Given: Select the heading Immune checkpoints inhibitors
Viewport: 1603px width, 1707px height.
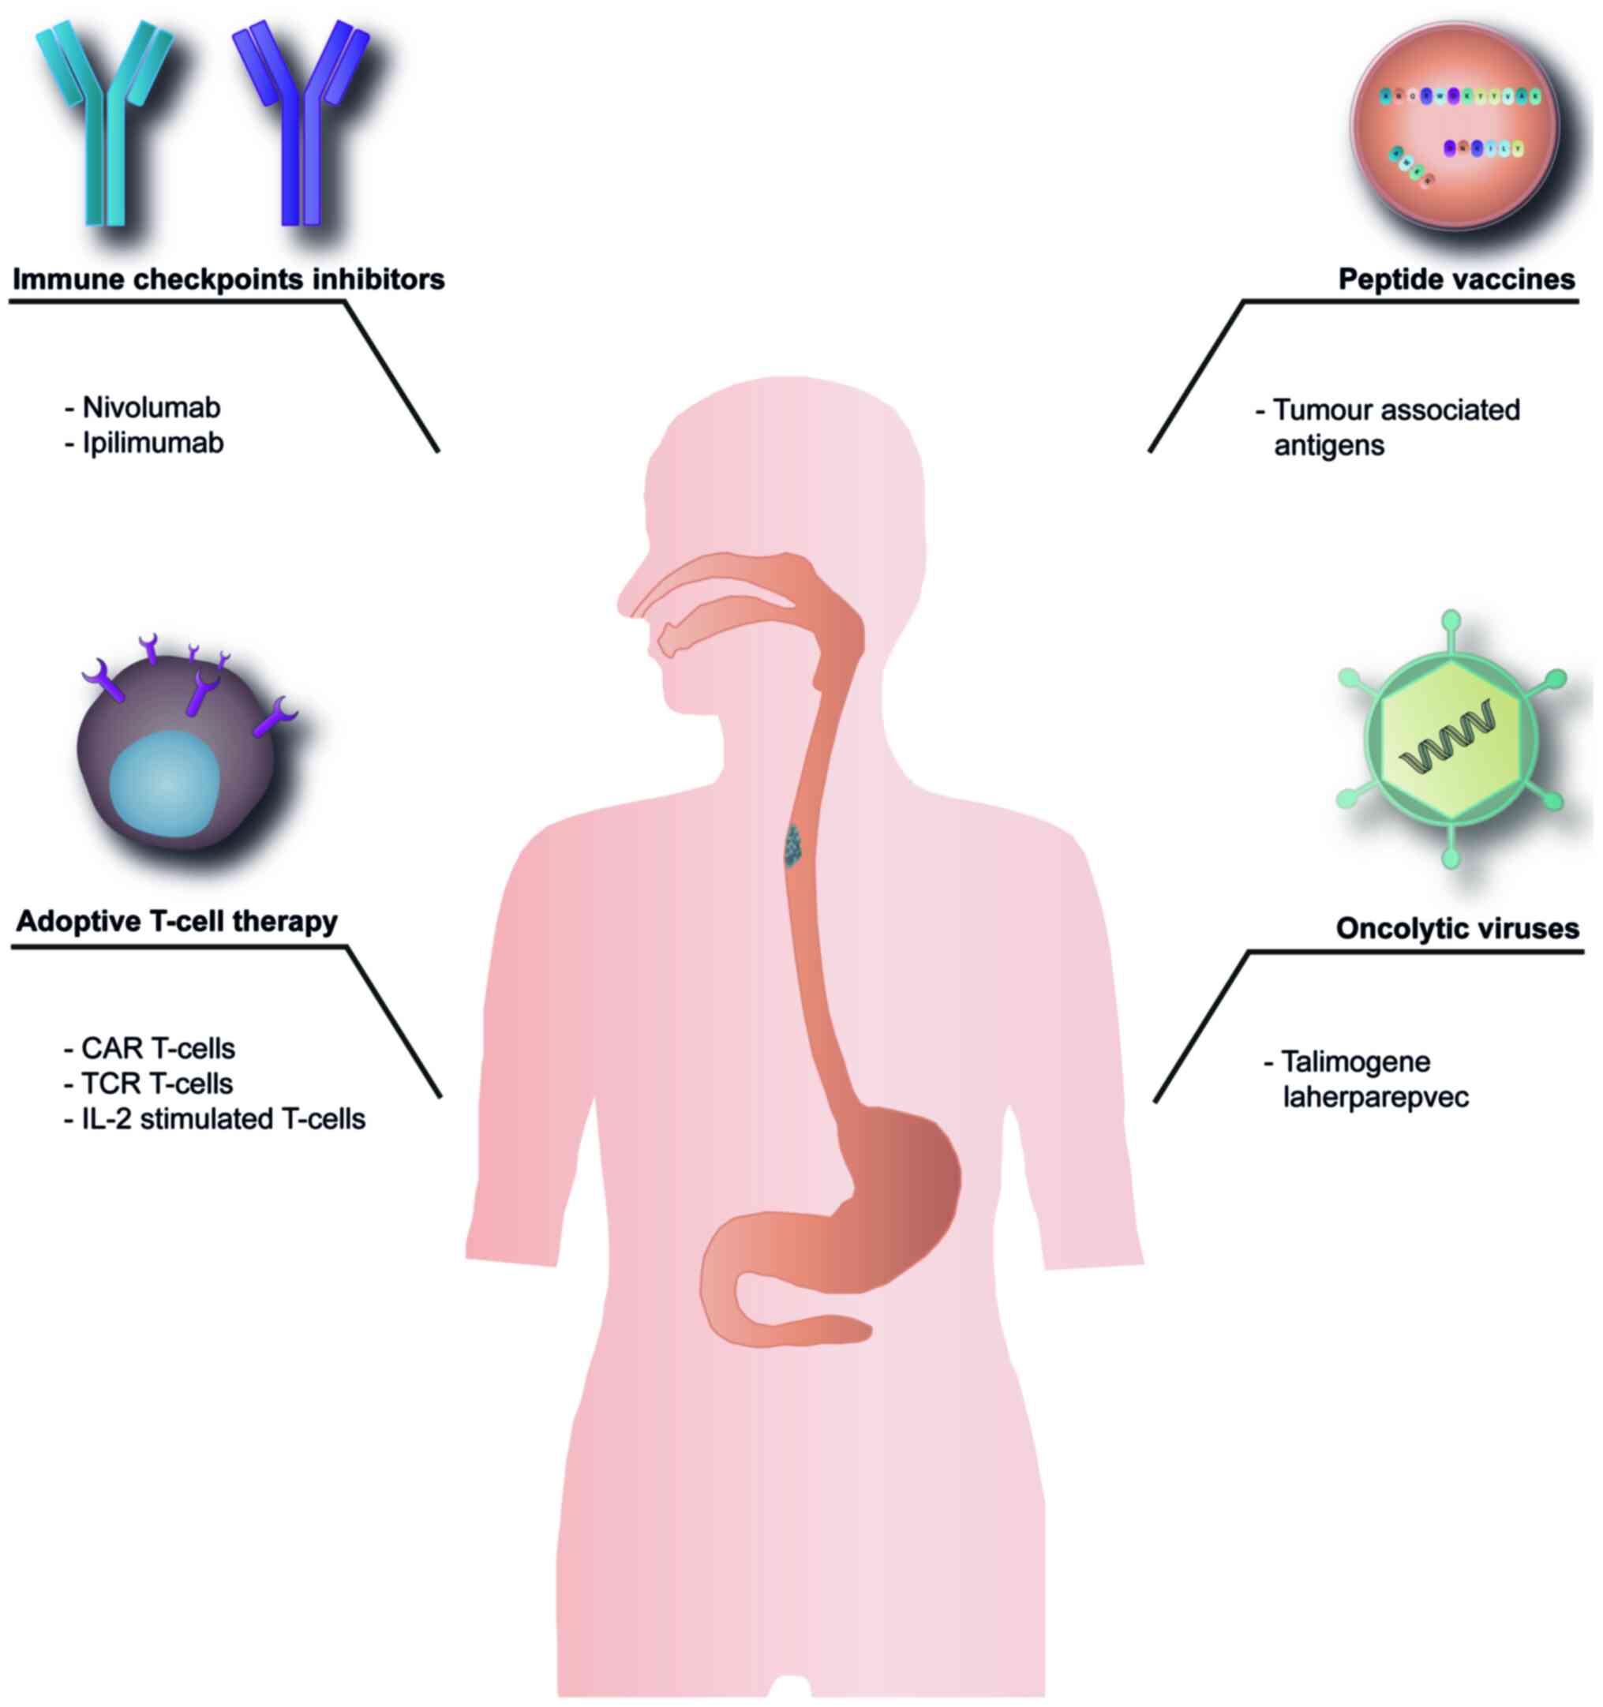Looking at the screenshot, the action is pos(228,279).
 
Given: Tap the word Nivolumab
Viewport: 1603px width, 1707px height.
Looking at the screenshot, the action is pos(151,407).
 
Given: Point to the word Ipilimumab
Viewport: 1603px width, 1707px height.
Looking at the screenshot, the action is pos(153,443).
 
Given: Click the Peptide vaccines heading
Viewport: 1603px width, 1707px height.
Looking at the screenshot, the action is pos(1456,279).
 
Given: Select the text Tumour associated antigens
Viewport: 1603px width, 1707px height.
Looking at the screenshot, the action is pos(1395,427).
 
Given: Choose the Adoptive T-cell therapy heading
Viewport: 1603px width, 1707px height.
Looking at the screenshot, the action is pos(177,921).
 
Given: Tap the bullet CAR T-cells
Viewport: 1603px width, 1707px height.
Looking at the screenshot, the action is pos(158,1048).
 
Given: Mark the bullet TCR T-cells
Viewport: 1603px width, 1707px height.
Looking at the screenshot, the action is pos(157,1084).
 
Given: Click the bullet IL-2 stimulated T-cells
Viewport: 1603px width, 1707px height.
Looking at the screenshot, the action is pos(223,1119).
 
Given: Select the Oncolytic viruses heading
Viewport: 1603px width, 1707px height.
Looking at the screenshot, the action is pos(1457,928).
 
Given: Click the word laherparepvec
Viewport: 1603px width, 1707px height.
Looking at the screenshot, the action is pos(1376,1097).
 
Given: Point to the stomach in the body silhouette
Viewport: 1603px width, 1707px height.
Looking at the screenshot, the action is pos(893,1193).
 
